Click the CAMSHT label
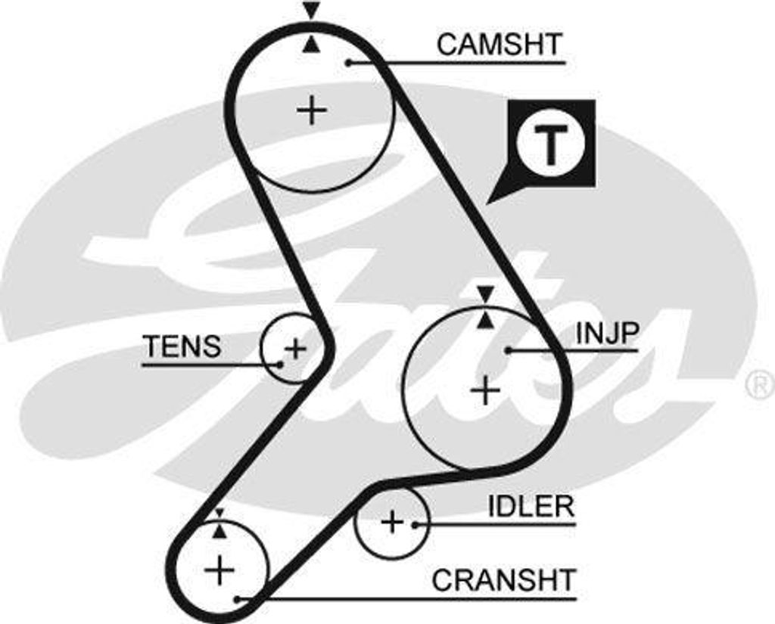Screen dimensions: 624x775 click(500, 44)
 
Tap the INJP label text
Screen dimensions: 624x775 click(608, 333)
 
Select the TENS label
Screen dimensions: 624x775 click(182, 346)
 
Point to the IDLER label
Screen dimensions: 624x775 click(530, 506)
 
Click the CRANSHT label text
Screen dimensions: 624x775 click(503, 580)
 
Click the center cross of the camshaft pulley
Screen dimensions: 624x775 click(311, 111)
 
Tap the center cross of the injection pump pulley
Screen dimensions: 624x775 click(485, 390)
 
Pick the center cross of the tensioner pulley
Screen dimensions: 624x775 click(295, 349)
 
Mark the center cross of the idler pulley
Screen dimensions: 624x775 click(391, 521)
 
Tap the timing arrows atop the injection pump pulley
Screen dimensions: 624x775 click(484, 308)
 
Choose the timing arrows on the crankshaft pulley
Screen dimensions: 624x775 click(219, 523)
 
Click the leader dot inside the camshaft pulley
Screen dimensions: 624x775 click(349, 62)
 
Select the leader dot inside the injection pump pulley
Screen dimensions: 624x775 click(509, 350)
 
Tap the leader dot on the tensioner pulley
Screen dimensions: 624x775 click(280, 365)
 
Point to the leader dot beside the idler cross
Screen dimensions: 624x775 click(415, 523)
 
